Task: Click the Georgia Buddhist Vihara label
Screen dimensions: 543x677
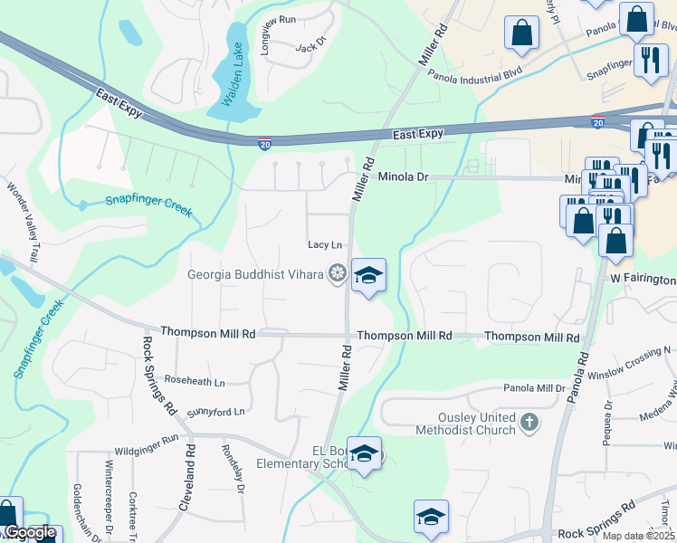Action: pyautogui.click(x=256, y=274)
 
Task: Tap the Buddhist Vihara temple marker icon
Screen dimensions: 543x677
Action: pyautogui.click(x=338, y=272)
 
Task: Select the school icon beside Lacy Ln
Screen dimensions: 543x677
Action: pyautogui.click(x=368, y=274)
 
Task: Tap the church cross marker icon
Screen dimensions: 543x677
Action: pyautogui.click(x=529, y=422)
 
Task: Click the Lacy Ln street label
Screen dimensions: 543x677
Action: pyautogui.click(x=325, y=244)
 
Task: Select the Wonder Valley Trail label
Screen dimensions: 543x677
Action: pyautogui.click(x=24, y=223)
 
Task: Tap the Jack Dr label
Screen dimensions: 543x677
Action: pyautogui.click(x=310, y=46)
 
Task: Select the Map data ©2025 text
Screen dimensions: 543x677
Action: pyautogui.click(x=639, y=536)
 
